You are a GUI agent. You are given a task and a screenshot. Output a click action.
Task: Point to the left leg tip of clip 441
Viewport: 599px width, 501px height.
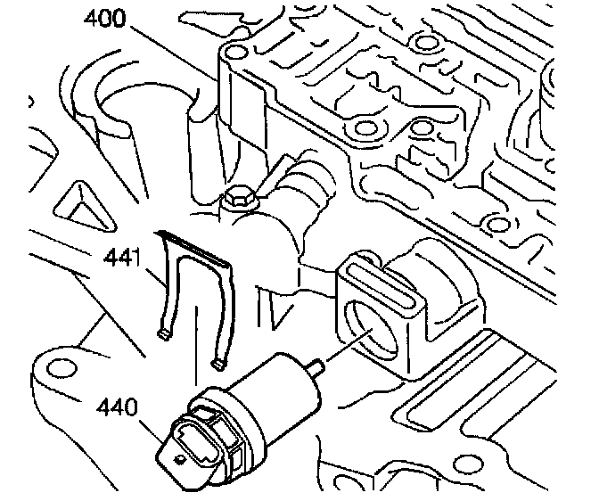(164, 334)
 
